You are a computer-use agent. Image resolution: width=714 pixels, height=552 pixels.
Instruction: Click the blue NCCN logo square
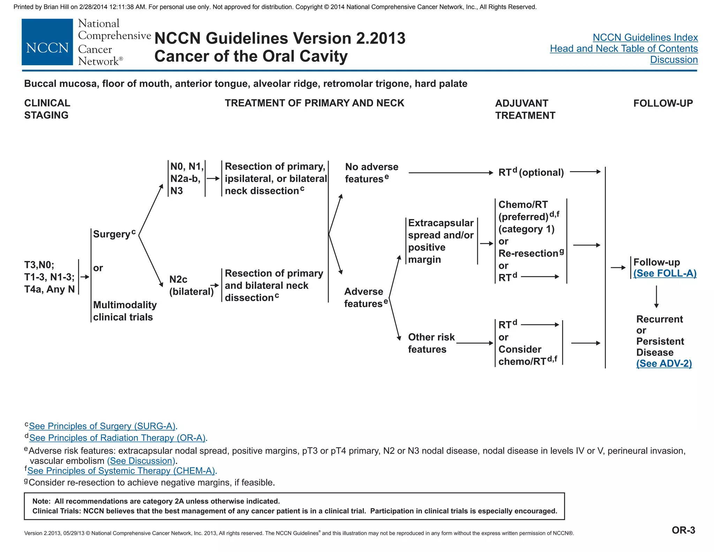(47, 42)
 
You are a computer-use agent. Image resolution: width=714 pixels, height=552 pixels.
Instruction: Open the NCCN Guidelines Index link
(645, 37)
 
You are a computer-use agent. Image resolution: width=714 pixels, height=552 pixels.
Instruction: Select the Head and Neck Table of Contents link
(624, 49)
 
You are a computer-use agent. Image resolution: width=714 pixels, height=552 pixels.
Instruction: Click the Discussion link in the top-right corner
(674, 60)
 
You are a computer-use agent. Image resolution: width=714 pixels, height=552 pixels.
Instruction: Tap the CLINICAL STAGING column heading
(47, 109)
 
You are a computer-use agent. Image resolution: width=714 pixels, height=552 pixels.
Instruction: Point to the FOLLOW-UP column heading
(663, 103)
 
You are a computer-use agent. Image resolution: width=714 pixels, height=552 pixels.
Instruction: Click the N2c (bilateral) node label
(191, 285)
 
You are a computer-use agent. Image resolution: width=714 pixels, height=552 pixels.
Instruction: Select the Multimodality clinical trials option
(124, 311)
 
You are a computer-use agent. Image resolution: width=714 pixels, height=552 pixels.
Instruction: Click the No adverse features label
(371, 173)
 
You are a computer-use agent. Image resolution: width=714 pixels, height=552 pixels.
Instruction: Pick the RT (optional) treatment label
(531, 172)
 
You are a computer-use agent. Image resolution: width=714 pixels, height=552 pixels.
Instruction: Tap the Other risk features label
(431, 343)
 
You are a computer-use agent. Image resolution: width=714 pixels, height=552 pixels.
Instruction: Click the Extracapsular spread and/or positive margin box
(441, 241)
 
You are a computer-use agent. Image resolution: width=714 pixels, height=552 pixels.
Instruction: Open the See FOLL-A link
(665, 273)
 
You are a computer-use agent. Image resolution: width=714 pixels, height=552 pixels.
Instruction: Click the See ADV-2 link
(664, 364)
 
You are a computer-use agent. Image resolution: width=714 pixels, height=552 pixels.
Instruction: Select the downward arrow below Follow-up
(656, 297)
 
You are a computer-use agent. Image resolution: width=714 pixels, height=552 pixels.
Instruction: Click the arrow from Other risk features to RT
(474, 343)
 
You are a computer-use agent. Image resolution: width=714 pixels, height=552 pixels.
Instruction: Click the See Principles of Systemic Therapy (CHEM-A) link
(122, 471)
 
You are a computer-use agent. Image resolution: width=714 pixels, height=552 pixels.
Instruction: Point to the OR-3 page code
(683, 530)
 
